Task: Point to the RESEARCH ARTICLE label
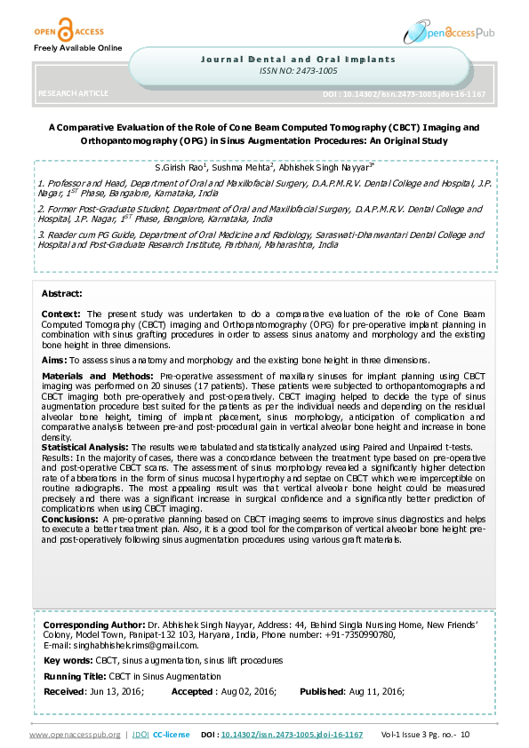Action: (74, 92)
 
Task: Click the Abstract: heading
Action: (61, 292)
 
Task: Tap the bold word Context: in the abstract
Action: (61, 314)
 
